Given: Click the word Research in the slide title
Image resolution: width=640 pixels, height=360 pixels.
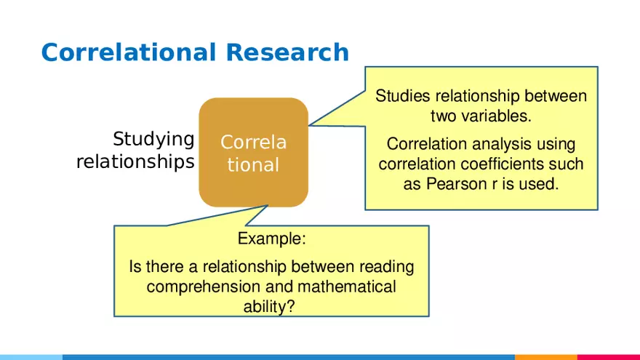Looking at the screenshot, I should pos(287,52).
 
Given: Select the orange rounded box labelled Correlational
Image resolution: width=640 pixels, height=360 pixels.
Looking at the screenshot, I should pos(253,153).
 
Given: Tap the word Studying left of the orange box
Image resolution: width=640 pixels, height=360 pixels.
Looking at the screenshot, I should pos(153,139).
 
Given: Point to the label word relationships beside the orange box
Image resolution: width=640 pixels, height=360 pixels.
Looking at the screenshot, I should pos(135,161).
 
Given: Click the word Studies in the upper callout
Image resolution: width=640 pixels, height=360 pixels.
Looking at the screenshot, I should pos(401,96).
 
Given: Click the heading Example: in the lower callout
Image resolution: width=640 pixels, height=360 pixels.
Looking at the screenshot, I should pos(272,239).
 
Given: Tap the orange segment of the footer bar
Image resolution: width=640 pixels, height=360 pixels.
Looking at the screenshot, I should pos(545,356).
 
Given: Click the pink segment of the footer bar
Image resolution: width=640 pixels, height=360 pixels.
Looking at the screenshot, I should pos(608,356).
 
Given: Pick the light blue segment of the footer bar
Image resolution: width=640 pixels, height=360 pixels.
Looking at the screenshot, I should pos(31,356).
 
